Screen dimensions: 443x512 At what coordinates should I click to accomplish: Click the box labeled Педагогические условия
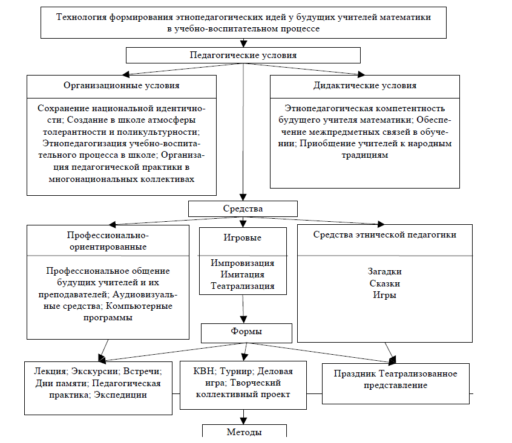coord(243,55)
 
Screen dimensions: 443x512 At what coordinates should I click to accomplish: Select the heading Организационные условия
coord(122,85)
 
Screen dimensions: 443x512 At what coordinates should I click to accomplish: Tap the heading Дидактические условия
coord(365,85)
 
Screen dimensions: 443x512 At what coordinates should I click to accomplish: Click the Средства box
coord(243,209)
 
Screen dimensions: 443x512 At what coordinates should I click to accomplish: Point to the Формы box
coord(247,332)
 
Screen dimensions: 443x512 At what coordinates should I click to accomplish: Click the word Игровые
coord(243,238)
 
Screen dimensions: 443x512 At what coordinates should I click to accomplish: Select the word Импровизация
coord(243,263)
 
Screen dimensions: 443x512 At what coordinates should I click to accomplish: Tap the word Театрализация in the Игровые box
coord(243,286)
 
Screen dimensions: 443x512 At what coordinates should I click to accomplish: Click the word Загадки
coord(385,271)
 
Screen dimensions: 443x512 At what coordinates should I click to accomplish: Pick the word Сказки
coord(385,283)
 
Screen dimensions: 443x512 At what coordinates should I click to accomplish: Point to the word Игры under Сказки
coord(385,295)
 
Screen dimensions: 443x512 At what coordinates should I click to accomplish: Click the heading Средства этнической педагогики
coord(385,234)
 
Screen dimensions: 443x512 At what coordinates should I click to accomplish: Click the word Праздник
coord(357,373)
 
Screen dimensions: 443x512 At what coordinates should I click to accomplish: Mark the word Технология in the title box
coord(81,17)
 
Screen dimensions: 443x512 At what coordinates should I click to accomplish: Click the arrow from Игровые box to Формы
coord(243,309)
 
